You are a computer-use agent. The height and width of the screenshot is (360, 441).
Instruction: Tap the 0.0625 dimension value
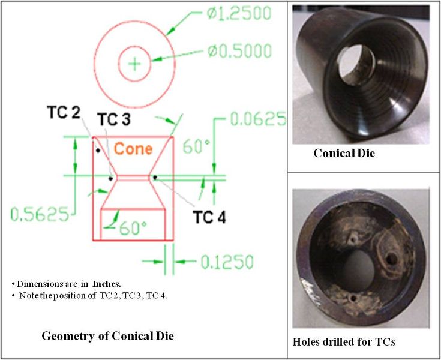[259, 120]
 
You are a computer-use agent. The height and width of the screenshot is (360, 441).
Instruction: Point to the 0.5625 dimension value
[40, 214]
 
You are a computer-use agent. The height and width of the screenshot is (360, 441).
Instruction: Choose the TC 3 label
[113, 120]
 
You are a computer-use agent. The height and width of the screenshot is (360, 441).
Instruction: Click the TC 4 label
[209, 217]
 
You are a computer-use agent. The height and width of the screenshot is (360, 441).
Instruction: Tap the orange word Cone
[133, 149]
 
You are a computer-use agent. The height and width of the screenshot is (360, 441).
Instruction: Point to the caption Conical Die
[344, 154]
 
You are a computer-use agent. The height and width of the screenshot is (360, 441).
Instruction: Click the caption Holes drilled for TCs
[343, 342]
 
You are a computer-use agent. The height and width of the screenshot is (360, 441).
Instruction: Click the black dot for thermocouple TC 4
[155, 177]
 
